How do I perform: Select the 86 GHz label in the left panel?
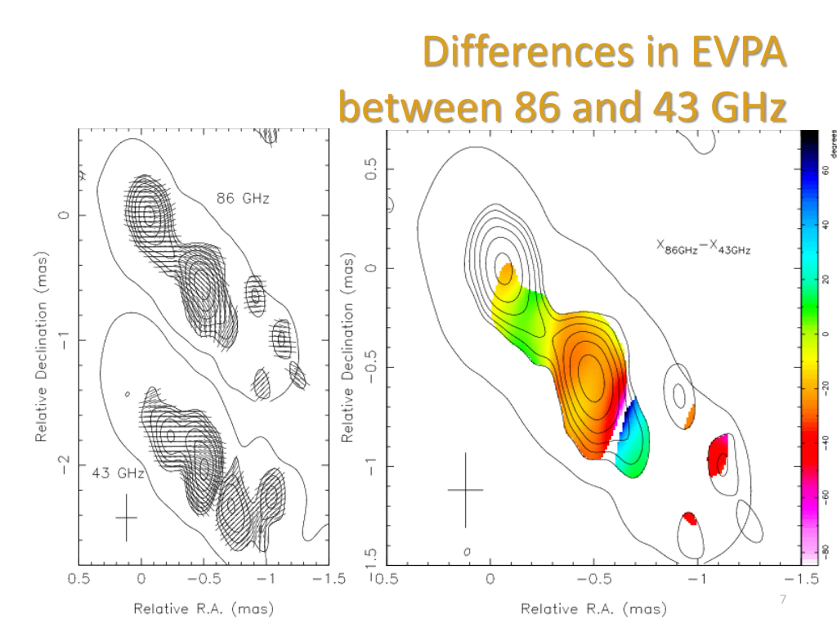(x=243, y=198)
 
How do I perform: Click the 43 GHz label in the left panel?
(x=118, y=473)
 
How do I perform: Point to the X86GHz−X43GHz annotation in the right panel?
(x=703, y=248)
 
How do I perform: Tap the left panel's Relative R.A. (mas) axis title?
(x=204, y=609)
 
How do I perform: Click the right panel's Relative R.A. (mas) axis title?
(x=593, y=609)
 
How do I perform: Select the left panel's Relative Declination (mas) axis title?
(x=42, y=347)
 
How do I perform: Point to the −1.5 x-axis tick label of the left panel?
(x=329, y=579)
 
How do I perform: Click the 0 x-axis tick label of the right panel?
(x=490, y=579)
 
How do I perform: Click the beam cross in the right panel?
(x=466, y=490)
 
